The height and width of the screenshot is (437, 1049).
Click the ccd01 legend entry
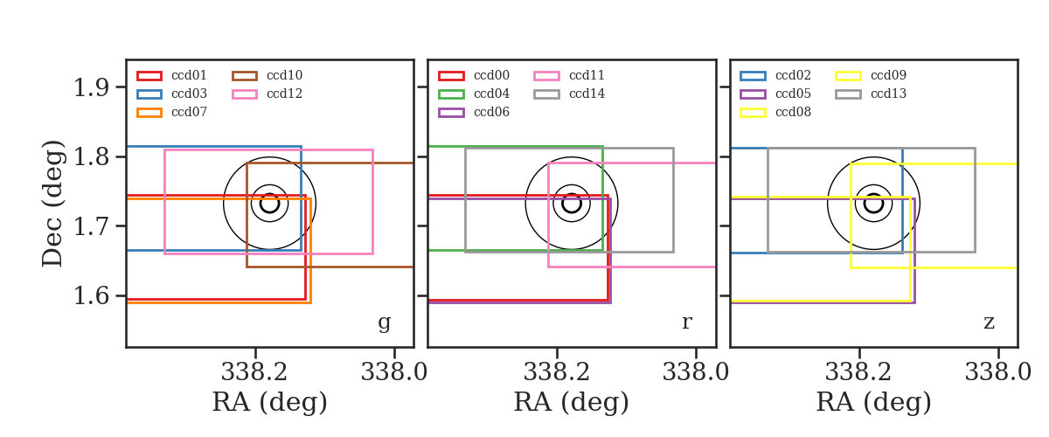(x=171, y=75)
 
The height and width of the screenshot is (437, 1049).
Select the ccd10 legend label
(x=285, y=75)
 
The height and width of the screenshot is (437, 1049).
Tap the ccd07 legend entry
(x=171, y=113)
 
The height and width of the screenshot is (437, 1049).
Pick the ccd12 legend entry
(x=267, y=94)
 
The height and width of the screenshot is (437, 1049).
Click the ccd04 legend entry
(x=474, y=94)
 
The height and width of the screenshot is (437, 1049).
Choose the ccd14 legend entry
(x=569, y=94)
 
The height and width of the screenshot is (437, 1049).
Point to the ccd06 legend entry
(x=474, y=113)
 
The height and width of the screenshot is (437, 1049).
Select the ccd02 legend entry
(x=775, y=75)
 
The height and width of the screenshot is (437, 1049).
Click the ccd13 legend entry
(x=871, y=94)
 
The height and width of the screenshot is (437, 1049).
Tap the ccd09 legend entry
(x=871, y=75)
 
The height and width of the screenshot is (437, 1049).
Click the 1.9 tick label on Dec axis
(x=91, y=87)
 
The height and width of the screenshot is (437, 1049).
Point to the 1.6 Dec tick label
(x=91, y=296)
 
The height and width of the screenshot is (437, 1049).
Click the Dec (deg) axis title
(x=52, y=204)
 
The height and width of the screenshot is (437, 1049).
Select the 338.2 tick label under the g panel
(x=254, y=372)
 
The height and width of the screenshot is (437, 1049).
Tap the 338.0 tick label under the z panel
(x=998, y=372)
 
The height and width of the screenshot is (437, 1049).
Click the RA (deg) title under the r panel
(x=572, y=402)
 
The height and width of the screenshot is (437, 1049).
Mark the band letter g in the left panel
(x=384, y=323)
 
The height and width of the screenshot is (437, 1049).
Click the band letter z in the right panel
(x=989, y=323)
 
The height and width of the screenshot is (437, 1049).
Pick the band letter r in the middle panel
(x=686, y=323)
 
